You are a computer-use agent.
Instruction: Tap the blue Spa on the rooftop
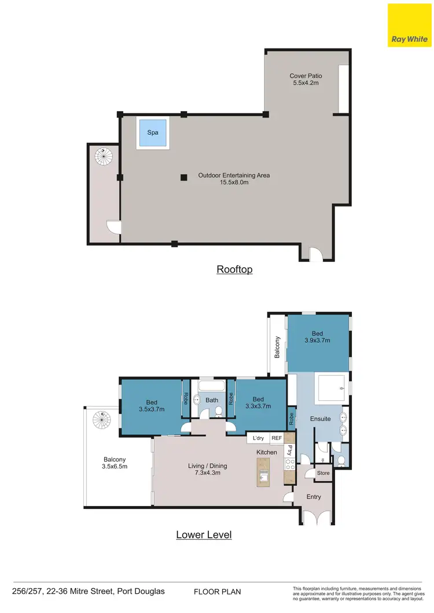point(152,133)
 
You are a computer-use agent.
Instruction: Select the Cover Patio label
point(306,79)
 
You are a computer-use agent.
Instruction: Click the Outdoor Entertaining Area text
point(234,179)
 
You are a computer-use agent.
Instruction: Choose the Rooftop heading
point(234,269)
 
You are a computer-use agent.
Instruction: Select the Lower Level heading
point(204,534)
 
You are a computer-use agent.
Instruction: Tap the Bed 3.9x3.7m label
point(317,337)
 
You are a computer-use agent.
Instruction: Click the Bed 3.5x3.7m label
point(151,405)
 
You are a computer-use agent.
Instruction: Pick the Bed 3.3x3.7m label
point(258,403)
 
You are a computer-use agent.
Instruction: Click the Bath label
point(211,400)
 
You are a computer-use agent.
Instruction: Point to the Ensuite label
point(319,418)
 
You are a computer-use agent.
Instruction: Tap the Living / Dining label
point(207,469)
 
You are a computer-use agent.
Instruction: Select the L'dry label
point(258,438)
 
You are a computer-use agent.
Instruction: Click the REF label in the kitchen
point(277,438)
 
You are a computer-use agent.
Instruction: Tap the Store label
point(323,473)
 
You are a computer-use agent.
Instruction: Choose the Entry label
point(313,497)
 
